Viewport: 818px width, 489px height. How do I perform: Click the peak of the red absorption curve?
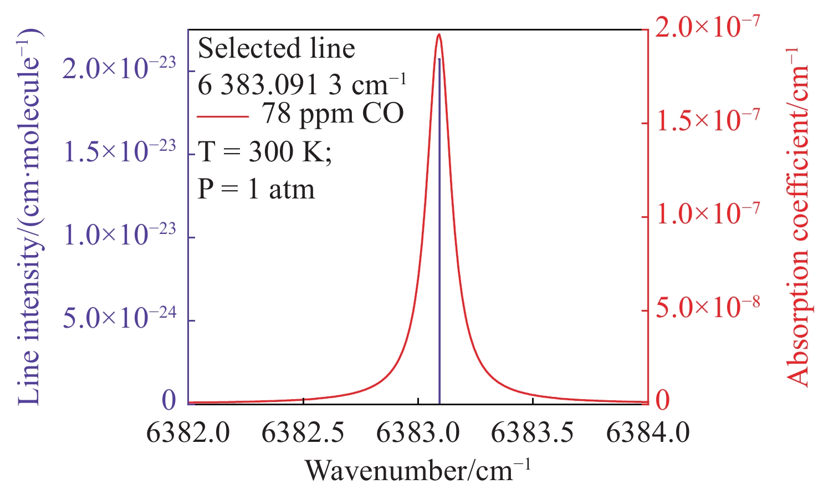click(x=439, y=34)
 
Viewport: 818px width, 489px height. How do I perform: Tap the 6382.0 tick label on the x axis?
click(x=188, y=432)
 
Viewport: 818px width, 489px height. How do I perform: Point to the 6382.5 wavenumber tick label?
click(x=303, y=432)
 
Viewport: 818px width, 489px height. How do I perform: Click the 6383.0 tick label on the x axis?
click(x=418, y=432)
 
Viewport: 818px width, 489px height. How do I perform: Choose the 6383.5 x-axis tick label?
click(x=533, y=432)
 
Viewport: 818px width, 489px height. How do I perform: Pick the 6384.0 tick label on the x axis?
click(x=648, y=432)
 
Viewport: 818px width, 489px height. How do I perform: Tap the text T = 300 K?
click(x=265, y=151)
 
